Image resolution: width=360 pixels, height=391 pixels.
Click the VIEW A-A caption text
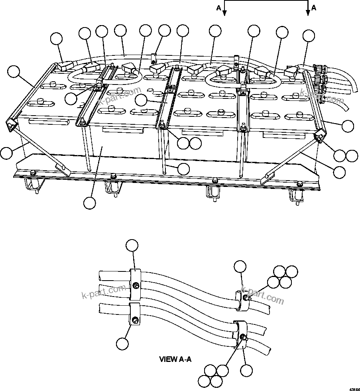pos(175,359)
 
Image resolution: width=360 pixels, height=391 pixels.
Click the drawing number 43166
pos(354,387)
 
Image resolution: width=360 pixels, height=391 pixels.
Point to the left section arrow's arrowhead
pos(224,13)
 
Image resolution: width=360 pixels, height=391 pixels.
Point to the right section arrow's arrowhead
pos(308,13)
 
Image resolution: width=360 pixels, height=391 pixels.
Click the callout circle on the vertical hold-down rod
pos(183,169)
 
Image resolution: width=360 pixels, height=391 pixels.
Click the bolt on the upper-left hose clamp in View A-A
pos(136,285)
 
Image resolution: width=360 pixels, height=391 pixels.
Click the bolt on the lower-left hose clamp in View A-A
pos(136,320)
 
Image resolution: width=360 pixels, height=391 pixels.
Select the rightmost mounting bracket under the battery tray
pos(296,195)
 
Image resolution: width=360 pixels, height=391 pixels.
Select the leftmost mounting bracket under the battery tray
pos(33,185)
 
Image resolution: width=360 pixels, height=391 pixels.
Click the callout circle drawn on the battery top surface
pos(141,100)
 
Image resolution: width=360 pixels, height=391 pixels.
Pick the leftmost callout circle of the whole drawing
pos(6,153)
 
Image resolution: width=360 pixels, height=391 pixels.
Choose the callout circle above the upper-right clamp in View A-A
pos(240,267)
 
